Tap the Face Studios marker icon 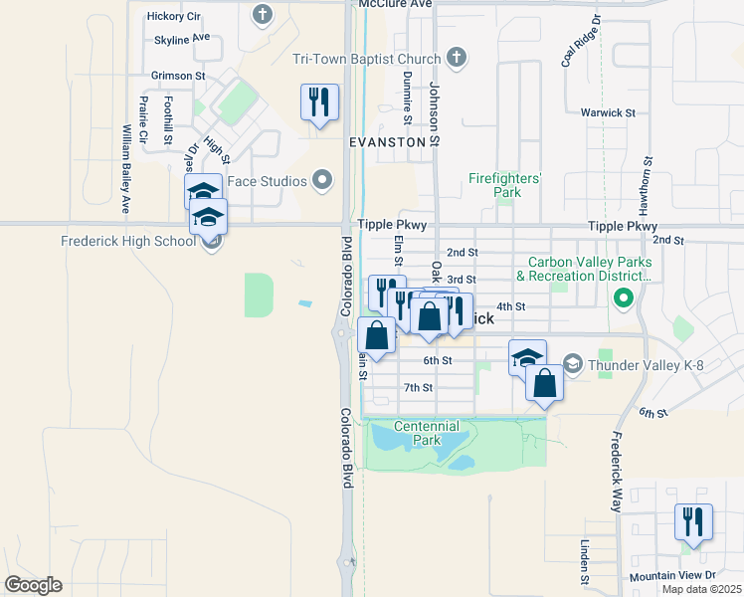(x=321, y=181)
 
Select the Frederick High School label (x=128, y=241)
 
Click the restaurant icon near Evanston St (x=319, y=102)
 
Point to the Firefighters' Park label (x=506, y=185)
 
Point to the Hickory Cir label (x=173, y=16)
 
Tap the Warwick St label (x=608, y=113)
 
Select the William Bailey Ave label (x=126, y=169)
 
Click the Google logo (x=33, y=585)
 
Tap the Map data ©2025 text (x=701, y=589)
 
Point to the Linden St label (x=584, y=563)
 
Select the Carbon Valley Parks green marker (x=624, y=298)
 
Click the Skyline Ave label (x=182, y=38)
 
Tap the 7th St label (x=418, y=387)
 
